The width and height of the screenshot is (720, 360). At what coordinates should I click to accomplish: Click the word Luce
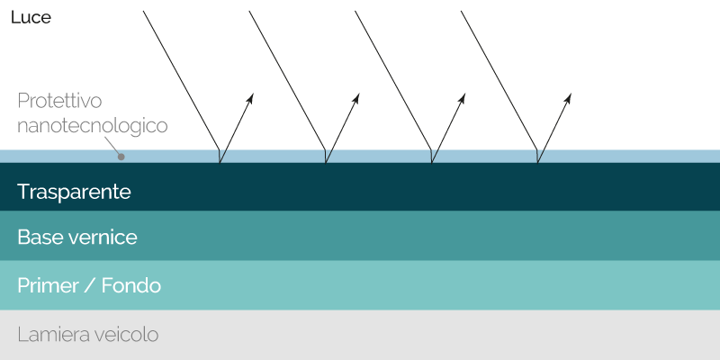tap(31, 17)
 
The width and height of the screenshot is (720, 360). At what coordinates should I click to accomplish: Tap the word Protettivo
tap(59, 101)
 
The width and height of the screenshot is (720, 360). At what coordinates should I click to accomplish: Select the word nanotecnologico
tap(93, 125)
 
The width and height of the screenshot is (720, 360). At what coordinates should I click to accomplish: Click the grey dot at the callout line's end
tap(121, 157)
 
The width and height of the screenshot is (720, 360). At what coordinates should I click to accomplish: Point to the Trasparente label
tap(74, 192)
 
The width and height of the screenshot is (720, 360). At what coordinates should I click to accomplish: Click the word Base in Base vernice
tap(40, 238)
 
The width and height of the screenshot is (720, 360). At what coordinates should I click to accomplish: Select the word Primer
tap(49, 285)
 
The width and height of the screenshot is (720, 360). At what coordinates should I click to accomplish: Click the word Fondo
tap(130, 285)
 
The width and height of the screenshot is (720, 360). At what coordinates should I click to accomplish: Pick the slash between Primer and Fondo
tap(90, 285)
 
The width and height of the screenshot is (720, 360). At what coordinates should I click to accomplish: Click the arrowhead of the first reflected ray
tap(250, 98)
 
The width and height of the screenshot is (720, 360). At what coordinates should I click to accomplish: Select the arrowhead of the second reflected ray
tap(355, 98)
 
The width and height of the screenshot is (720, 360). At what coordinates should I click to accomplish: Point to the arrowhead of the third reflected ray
tap(462, 98)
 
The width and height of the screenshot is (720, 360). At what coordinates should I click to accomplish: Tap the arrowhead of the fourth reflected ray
tap(568, 98)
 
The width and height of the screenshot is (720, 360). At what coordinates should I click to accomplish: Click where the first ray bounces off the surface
tap(220, 163)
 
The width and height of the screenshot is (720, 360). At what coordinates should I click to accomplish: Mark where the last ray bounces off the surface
tap(537, 163)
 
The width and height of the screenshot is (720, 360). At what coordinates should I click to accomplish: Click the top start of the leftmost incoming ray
tap(143, 11)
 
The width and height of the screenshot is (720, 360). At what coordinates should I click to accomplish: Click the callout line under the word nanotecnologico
tap(112, 146)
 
